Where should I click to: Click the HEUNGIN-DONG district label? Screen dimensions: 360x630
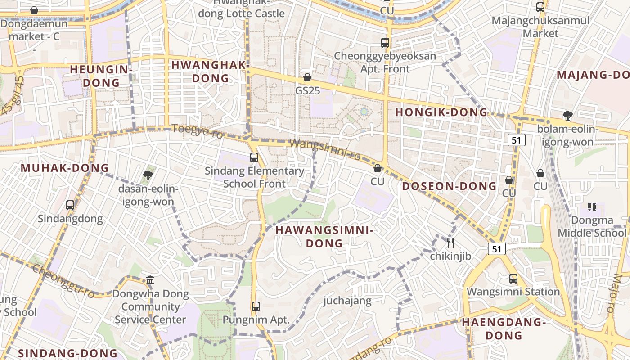[101, 76]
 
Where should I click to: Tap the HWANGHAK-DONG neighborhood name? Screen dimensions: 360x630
[211, 72]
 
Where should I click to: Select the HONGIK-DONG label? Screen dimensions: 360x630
[441, 112]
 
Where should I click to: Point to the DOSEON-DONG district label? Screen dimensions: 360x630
[449, 186]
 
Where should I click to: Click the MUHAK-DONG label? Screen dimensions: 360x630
[65, 168]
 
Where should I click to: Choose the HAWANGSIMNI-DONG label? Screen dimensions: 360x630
[324, 237]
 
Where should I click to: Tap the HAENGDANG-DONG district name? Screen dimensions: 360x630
[504, 328]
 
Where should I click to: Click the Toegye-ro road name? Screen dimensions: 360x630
[198, 131]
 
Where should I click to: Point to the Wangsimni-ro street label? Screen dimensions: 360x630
[325, 149]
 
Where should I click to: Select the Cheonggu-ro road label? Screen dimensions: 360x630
[63, 281]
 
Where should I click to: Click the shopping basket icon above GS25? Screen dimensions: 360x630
[307, 78]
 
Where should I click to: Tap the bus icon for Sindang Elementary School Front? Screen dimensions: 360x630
[254, 157]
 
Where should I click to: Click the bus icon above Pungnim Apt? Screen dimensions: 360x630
[256, 306]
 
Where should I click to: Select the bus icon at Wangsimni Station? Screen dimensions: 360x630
[513, 279]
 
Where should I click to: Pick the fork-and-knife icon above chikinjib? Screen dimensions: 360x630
[450, 243]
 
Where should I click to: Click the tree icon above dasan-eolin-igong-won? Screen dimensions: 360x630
[148, 175]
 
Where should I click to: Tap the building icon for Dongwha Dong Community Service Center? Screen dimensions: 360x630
[150, 280]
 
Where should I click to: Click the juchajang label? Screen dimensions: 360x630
[347, 301]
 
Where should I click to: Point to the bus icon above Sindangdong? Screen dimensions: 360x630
[70, 205]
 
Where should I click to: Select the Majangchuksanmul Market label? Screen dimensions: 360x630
[540, 27]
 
